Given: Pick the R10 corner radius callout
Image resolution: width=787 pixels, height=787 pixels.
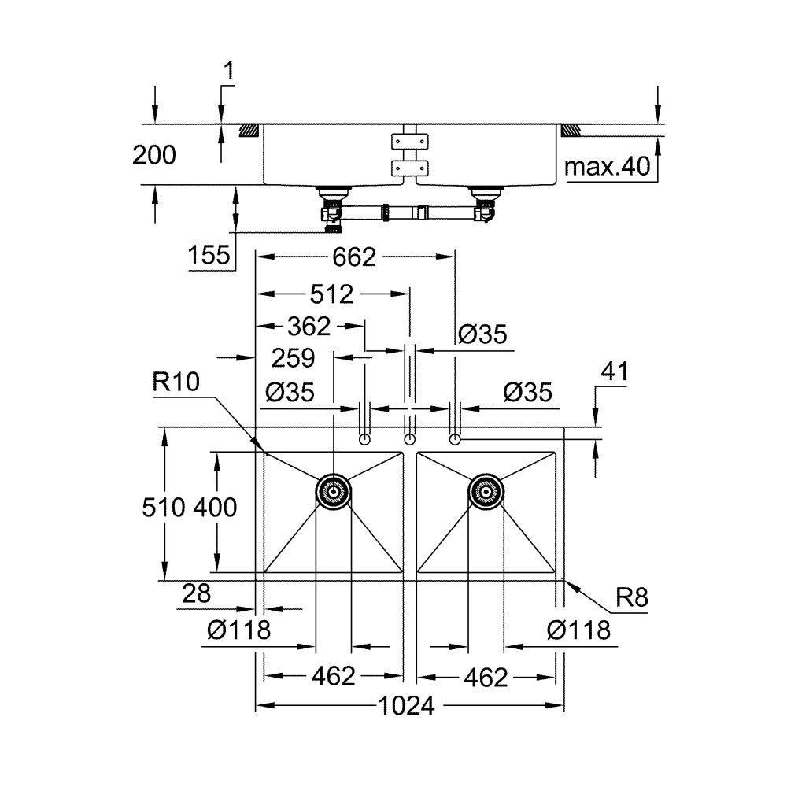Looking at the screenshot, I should point(177,383).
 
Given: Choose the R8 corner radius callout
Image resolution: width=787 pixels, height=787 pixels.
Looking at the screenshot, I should point(631,598).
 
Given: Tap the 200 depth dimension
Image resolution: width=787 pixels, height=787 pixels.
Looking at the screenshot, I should point(153,156).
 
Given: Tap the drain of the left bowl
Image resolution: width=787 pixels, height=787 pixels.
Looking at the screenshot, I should point(333,492).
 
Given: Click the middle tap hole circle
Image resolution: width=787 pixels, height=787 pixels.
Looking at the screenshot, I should point(409,438).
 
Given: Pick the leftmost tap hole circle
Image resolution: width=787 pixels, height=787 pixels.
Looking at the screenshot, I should point(364,438).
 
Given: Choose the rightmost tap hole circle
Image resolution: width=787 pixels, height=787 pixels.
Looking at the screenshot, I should point(454,438).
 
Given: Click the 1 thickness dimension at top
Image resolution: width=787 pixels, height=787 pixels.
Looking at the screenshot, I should point(228,72).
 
